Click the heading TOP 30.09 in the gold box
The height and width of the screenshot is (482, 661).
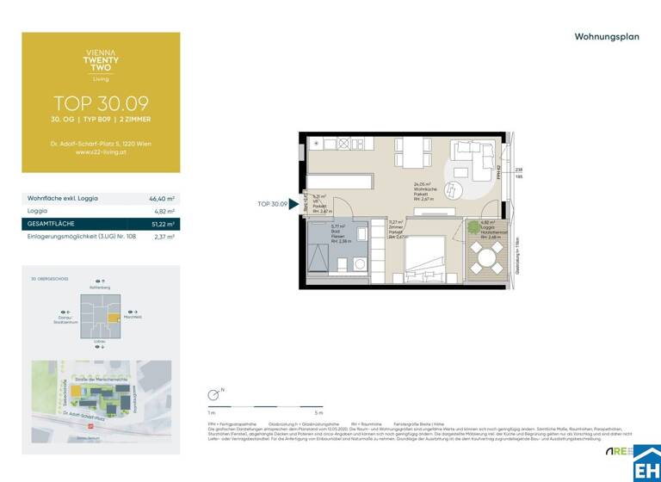coord(101,103)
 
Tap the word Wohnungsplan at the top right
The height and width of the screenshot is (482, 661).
coord(607,37)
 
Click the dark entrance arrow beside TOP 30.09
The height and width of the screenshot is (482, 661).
coord(293,205)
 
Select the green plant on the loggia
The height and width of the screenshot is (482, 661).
coord(474,228)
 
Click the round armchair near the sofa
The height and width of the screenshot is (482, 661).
coord(455,191)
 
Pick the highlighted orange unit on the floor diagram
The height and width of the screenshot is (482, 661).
coord(113,318)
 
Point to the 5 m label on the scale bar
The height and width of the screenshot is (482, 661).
coord(319,413)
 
